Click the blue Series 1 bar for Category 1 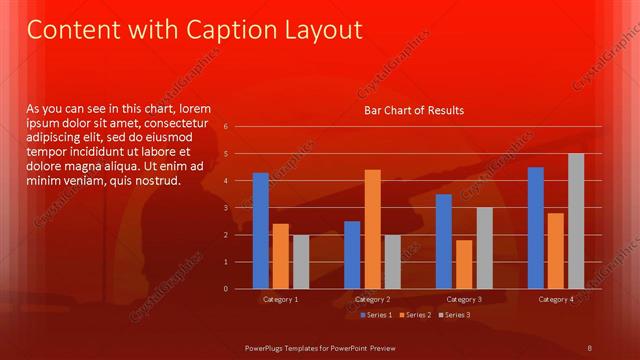pyautogui.click(x=261, y=231)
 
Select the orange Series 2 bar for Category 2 pyautogui.click(x=372, y=229)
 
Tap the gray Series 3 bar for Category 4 pyautogui.click(x=576, y=221)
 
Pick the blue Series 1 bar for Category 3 pyautogui.click(x=444, y=241)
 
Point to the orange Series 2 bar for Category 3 pyautogui.click(x=464, y=264)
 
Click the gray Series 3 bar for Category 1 pyautogui.click(x=301, y=262)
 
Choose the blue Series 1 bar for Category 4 pyautogui.click(x=536, y=228)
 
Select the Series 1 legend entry pyautogui.click(x=377, y=315)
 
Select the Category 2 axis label pyautogui.click(x=372, y=299)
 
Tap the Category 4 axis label pyautogui.click(x=556, y=299)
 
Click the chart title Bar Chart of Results pyautogui.click(x=413, y=110)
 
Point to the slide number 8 pyautogui.click(x=590, y=347)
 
